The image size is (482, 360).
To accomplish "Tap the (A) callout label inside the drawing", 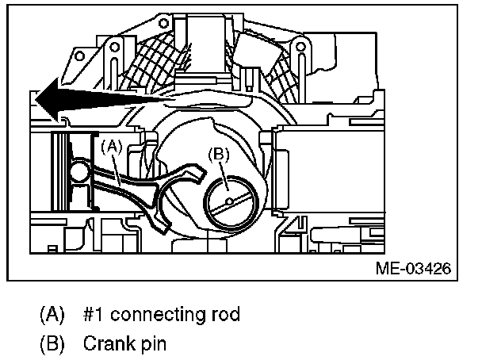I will coord(112,144).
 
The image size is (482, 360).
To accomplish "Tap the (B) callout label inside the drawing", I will coord(220,155).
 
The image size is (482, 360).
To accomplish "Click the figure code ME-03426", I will coord(412,268).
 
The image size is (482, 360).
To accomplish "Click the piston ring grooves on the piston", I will coord(56,175).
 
